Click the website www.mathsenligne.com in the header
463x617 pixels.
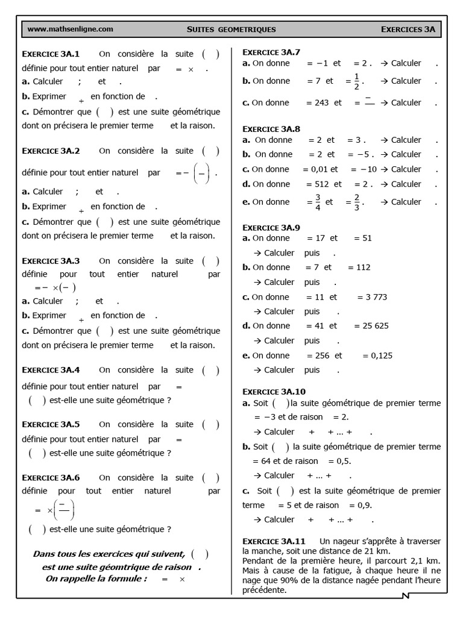pos(70,28)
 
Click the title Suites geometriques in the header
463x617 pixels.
pos(231,29)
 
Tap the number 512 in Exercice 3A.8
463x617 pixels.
pos(322,184)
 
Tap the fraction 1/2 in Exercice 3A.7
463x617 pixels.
pos(357,81)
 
